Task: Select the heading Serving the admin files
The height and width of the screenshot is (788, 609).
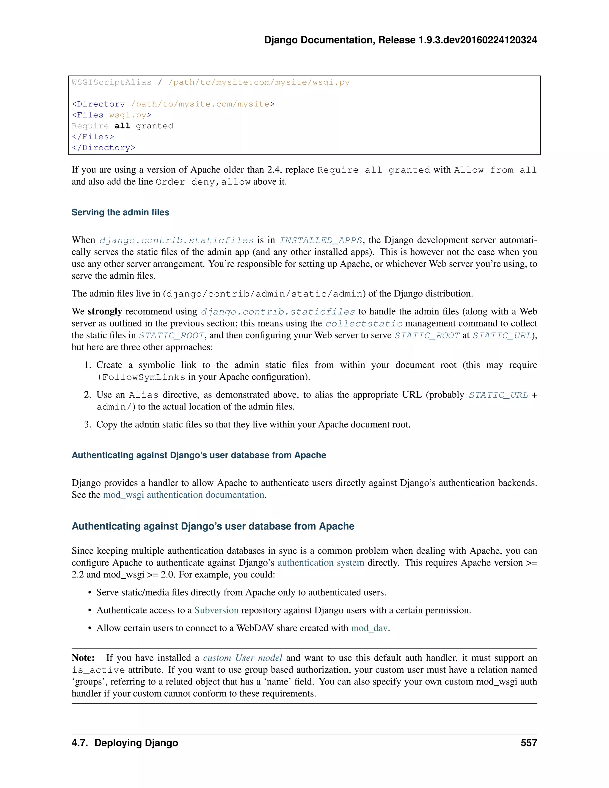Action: point(120,212)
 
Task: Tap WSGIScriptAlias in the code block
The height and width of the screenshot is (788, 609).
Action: point(112,82)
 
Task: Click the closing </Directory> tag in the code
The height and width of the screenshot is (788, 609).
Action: point(103,147)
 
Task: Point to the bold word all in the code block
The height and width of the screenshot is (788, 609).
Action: point(122,126)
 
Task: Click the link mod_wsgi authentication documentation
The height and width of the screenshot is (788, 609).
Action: point(184,495)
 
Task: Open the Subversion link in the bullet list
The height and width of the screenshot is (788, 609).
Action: point(216,610)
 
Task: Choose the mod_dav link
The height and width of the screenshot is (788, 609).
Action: point(369,628)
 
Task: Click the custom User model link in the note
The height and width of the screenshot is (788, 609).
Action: point(242,658)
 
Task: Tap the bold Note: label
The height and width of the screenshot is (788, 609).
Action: point(83,658)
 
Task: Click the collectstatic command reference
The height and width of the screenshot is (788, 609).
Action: point(364,324)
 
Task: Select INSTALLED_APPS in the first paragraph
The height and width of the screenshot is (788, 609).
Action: point(321,241)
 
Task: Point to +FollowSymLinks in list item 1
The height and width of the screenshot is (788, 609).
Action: point(141,377)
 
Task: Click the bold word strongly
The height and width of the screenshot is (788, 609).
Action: point(105,311)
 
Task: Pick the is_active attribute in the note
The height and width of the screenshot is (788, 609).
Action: point(98,670)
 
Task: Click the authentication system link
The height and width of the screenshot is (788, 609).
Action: point(321,563)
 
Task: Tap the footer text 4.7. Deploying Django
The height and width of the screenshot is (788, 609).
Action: point(125,743)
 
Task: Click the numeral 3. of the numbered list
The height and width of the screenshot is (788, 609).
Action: point(88,424)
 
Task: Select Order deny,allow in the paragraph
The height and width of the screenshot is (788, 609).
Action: point(203,182)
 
